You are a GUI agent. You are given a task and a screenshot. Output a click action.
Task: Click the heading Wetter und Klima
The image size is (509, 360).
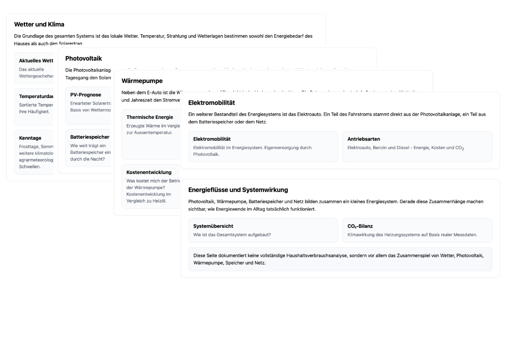click(x=39, y=24)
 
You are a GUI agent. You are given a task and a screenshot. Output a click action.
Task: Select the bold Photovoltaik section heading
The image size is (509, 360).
click(x=84, y=58)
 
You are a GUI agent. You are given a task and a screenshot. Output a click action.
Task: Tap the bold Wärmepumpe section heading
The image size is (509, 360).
click(x=142, y=81)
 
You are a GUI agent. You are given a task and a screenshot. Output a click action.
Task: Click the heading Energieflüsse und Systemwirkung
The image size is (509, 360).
click(x=238, y=190)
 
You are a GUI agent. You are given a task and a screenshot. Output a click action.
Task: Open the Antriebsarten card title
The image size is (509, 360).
click(x=364, y=139)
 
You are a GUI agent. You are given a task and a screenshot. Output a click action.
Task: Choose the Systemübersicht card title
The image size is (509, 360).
click(x=213, y=226)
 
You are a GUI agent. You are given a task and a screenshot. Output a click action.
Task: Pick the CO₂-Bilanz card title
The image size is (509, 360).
click(x=360, y=226)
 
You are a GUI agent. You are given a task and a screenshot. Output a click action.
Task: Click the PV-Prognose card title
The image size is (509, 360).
click(x=86, y=95)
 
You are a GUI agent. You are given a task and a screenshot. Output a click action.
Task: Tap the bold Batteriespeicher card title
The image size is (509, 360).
click(x=89, y=137)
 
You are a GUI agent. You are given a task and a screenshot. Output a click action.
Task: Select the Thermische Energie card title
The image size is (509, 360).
click(x=149, y=117)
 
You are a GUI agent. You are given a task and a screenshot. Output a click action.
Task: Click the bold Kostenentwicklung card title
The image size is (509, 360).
click(x=149, y=172)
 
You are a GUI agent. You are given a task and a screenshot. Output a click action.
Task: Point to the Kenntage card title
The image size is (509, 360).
click(x=30, y=138)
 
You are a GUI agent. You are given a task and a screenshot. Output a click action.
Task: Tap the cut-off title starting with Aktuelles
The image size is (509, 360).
click(x=36, y=61)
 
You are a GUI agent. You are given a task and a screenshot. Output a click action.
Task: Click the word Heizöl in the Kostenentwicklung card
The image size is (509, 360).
click(x=159, y=201)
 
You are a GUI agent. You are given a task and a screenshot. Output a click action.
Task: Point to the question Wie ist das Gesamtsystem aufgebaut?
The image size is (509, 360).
click(x=232, y=234)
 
